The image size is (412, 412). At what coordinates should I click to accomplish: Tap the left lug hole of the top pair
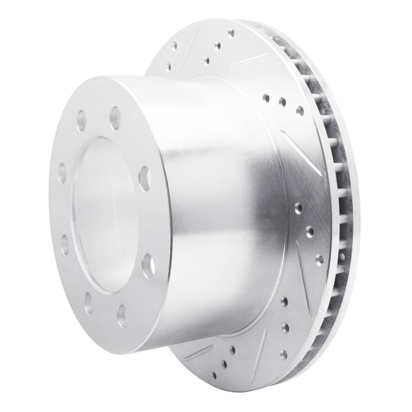pos(81,121)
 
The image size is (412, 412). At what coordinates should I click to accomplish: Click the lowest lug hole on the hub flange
pos(122,312)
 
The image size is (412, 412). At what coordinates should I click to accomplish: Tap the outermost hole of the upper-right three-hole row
pos(300,109)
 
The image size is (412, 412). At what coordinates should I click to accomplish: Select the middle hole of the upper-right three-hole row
pos(282,102)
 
